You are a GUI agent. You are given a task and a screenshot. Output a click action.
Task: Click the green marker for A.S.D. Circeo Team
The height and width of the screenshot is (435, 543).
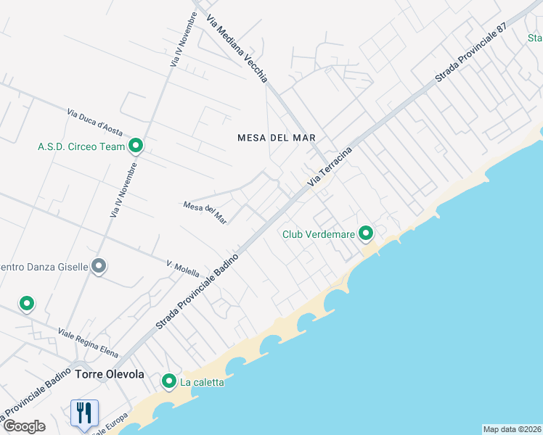click(136, 146)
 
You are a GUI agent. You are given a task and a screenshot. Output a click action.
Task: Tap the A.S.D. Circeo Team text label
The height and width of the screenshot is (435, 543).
click(81, 146)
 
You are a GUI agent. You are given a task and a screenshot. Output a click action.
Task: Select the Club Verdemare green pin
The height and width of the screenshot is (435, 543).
click(366, 233)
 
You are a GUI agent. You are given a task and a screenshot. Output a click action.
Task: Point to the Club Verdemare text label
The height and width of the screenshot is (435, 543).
click(318, 234)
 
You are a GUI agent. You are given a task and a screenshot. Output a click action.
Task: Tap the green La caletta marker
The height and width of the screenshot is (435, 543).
click(169, 381)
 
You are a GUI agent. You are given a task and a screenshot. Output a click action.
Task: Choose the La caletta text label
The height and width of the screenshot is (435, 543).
click(203, 382)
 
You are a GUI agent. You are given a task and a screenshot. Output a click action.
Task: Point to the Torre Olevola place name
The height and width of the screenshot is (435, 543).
click(110, 375)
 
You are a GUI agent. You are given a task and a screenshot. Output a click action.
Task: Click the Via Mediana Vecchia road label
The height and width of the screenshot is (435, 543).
click(237, 49)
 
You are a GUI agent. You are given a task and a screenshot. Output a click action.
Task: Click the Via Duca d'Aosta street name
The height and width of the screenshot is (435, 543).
click(97, 123)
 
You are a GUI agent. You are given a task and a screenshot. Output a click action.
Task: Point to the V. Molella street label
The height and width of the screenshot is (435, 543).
click(183, 269)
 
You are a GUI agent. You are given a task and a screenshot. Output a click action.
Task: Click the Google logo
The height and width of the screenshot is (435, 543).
click(23, 426)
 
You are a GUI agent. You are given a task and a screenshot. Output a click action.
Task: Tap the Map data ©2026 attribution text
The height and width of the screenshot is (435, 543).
click(512, 428)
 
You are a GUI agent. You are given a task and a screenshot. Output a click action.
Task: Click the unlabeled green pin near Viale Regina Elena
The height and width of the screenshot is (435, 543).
click(27, 304)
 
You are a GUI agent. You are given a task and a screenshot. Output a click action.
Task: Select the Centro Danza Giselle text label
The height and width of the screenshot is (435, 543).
click(44, 267)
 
